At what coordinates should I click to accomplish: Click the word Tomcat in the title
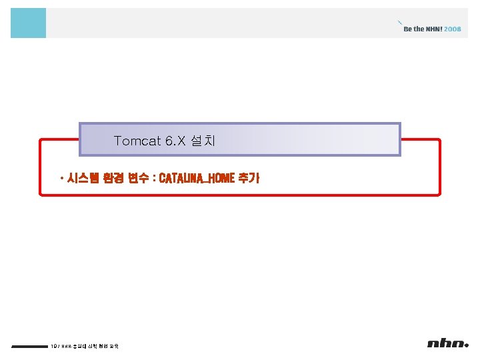pyautogui.click(x=135, y=141)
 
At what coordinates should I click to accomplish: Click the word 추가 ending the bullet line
pyautogui.click(x=249, y=179)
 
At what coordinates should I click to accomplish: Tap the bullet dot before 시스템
pyautogui.click(x=61, y=179)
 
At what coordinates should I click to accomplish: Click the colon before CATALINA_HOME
pyautogui.click(x=153, y=179)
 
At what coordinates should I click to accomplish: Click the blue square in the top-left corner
pyautogui.click(x=28, y=23)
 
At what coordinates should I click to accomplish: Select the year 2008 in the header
pyautogui.click(x=452, y=29)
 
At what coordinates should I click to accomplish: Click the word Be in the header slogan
pyautogui.click(x=408, y=29)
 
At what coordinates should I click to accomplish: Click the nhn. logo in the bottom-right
pyautogui.click(x=448, y=343)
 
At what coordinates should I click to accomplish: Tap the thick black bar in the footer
pyautogui.click(x=29, y=346)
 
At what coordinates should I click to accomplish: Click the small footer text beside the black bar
pyautogui.click(x=85, y=346)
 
